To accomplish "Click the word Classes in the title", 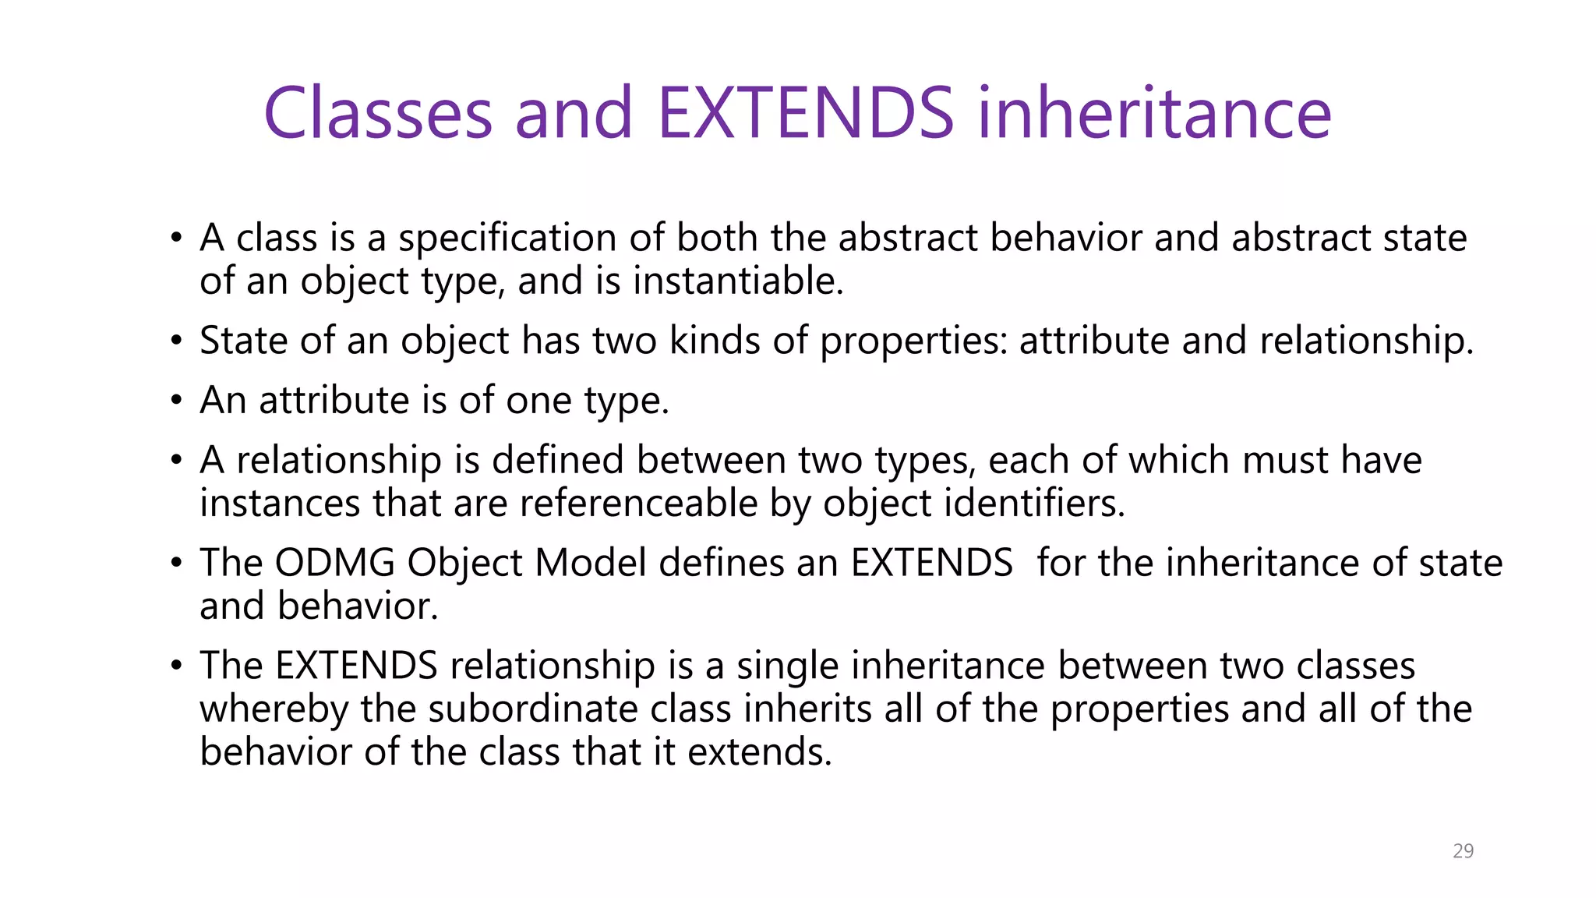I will [378, 114].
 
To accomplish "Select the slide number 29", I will [1463, 851].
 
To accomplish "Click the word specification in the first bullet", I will [531, 239].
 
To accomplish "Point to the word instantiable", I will [738, 281].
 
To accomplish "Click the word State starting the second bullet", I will [243, 341].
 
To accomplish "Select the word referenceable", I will [638, 504].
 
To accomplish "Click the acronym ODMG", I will [334, 563].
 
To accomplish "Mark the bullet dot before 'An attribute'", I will [177, 401].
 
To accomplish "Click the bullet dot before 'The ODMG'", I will [177, 563].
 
